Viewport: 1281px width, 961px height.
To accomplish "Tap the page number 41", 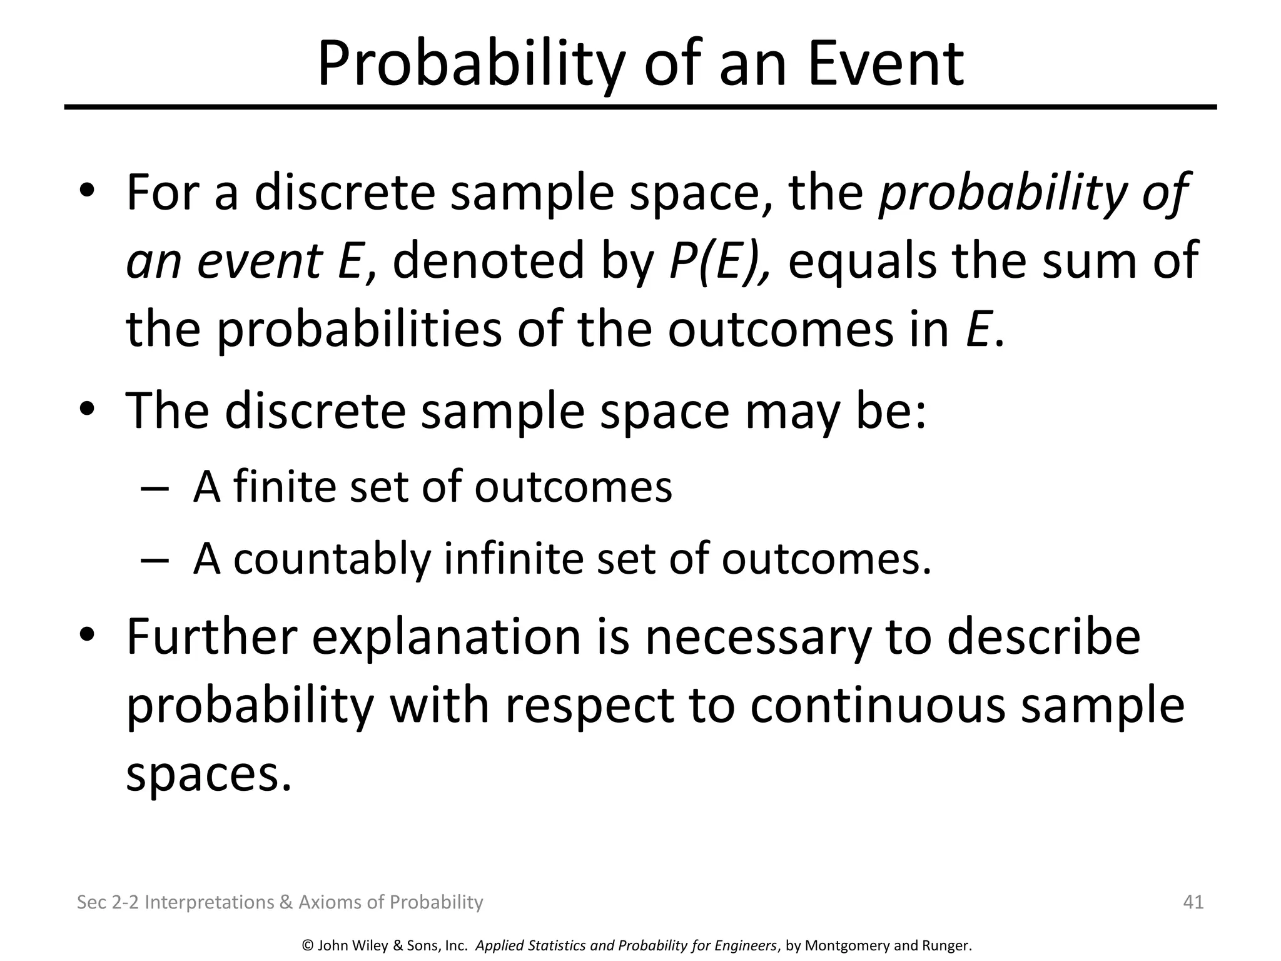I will pyautogui.click(x=1193, y=902).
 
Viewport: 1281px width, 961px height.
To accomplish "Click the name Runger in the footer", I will pyautogui.click(x=946, y=946).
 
